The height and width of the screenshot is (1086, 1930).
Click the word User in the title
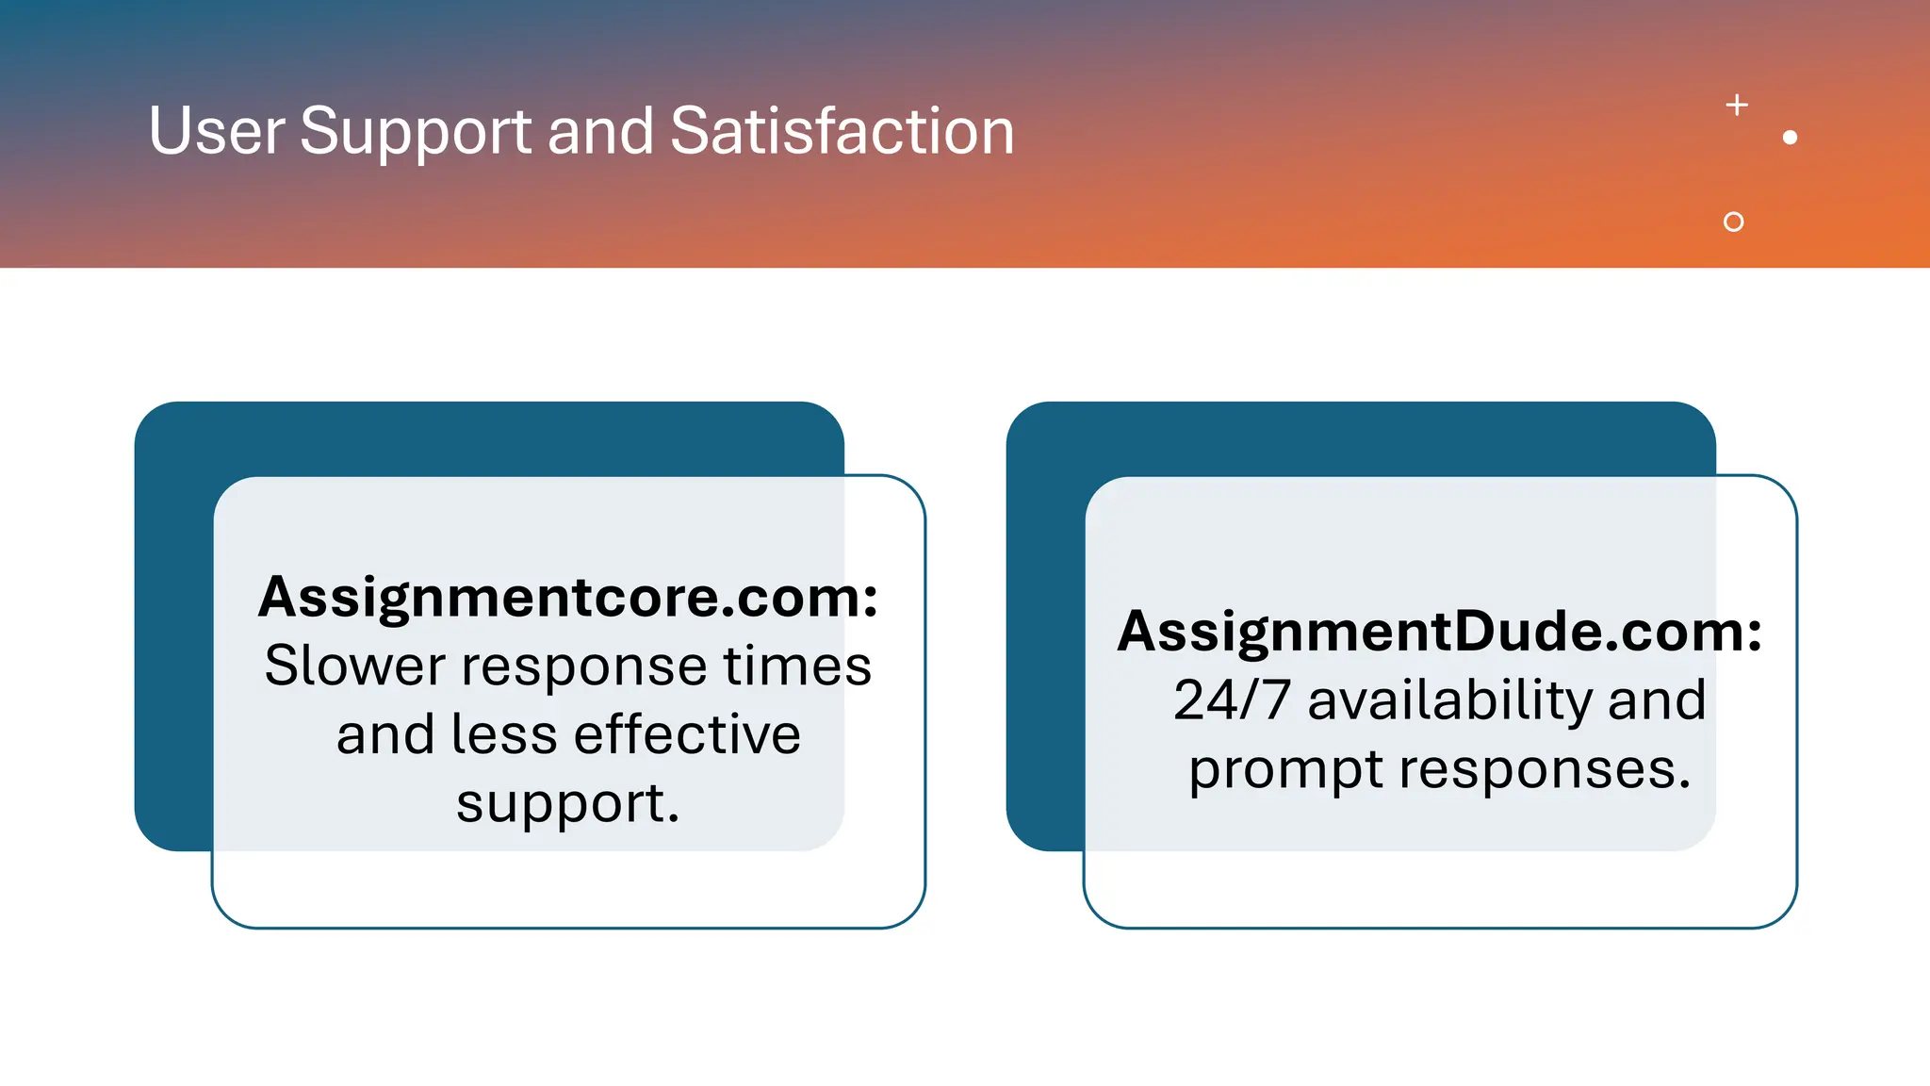(x=216, y=131)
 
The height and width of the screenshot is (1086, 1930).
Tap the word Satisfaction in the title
(x=842, y=131)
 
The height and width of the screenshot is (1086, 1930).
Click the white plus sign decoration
(x=1737, y=105)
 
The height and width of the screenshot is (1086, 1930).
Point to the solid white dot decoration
(x=1790, y=138)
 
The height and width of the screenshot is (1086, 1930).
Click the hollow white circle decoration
(x=1733, y=222)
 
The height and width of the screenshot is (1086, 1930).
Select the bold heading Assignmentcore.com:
(x=568, y=598)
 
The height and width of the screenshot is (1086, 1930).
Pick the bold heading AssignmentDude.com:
(x=1439, y=632)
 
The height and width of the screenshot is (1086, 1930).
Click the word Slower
(x=354, y=666)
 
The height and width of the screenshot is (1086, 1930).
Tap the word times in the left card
(x=796, y=666)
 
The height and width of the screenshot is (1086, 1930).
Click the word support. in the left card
(x=568, y=804)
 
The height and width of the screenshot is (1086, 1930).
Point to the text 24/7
(x=1232, y=700)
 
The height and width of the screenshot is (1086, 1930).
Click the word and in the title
(x=600, y=131)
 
